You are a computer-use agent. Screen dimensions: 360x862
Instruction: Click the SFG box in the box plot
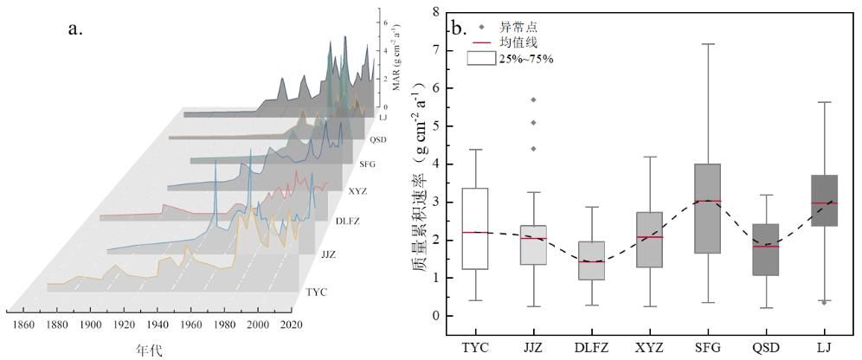(709, 209)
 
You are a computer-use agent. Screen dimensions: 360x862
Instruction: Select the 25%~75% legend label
(525, 58)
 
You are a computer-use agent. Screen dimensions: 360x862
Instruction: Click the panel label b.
(459, 28)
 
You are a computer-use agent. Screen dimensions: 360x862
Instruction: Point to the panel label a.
(74, 29)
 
